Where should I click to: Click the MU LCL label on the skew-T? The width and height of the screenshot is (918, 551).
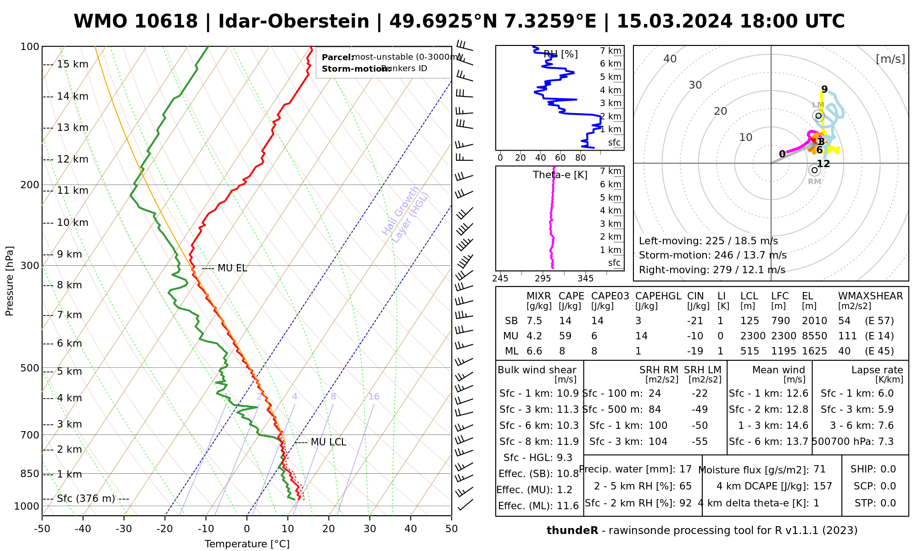pyautogui.click(x=328, y=442)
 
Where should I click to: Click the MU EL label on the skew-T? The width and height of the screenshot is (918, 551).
pyautogui.click(x=232, y=268)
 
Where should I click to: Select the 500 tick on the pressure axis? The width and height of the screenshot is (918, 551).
pyautogui.click(x=29, y=368)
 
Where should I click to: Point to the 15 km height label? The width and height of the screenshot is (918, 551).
pyautogui.click(x=73, y=64)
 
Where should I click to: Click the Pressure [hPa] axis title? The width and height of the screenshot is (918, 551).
pyautogui.click(x=9, y=281)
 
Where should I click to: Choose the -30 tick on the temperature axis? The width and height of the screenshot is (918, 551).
pyautogui.click(x=123, y=529)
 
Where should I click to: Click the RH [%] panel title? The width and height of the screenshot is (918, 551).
pyautogui.click(x=560, y=54)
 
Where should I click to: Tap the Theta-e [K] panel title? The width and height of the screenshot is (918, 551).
pyautogui.click(x=560, y=175)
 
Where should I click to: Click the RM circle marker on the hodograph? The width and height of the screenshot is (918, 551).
pyautogui.click(x=814, y=170)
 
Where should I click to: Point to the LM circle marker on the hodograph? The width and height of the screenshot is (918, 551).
pyautogui.click(x=817, y=115)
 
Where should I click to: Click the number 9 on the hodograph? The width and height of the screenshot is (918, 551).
pyautogui.click(x=824, y=90)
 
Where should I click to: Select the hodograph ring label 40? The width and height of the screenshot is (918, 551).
pyautogui.click(x=670, y=59)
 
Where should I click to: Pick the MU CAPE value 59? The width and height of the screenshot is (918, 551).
pyautogui.click(x=565, y=336)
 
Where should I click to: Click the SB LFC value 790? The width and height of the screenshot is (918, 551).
pyautogui.click(x=780, y=321)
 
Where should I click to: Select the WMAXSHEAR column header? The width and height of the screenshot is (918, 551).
pyautogui.click(x=870, y=296)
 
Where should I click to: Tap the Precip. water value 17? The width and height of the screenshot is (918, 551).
pyautogui.click(x=685, y=469)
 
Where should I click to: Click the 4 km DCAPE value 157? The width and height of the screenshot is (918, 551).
pyautogui.click(x=823, y=486)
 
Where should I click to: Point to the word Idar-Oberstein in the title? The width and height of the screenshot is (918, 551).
pyautogui.click(x=294, y=22)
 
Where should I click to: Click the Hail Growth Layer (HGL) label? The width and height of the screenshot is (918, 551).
pyautogui.click(x=406, y=215)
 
